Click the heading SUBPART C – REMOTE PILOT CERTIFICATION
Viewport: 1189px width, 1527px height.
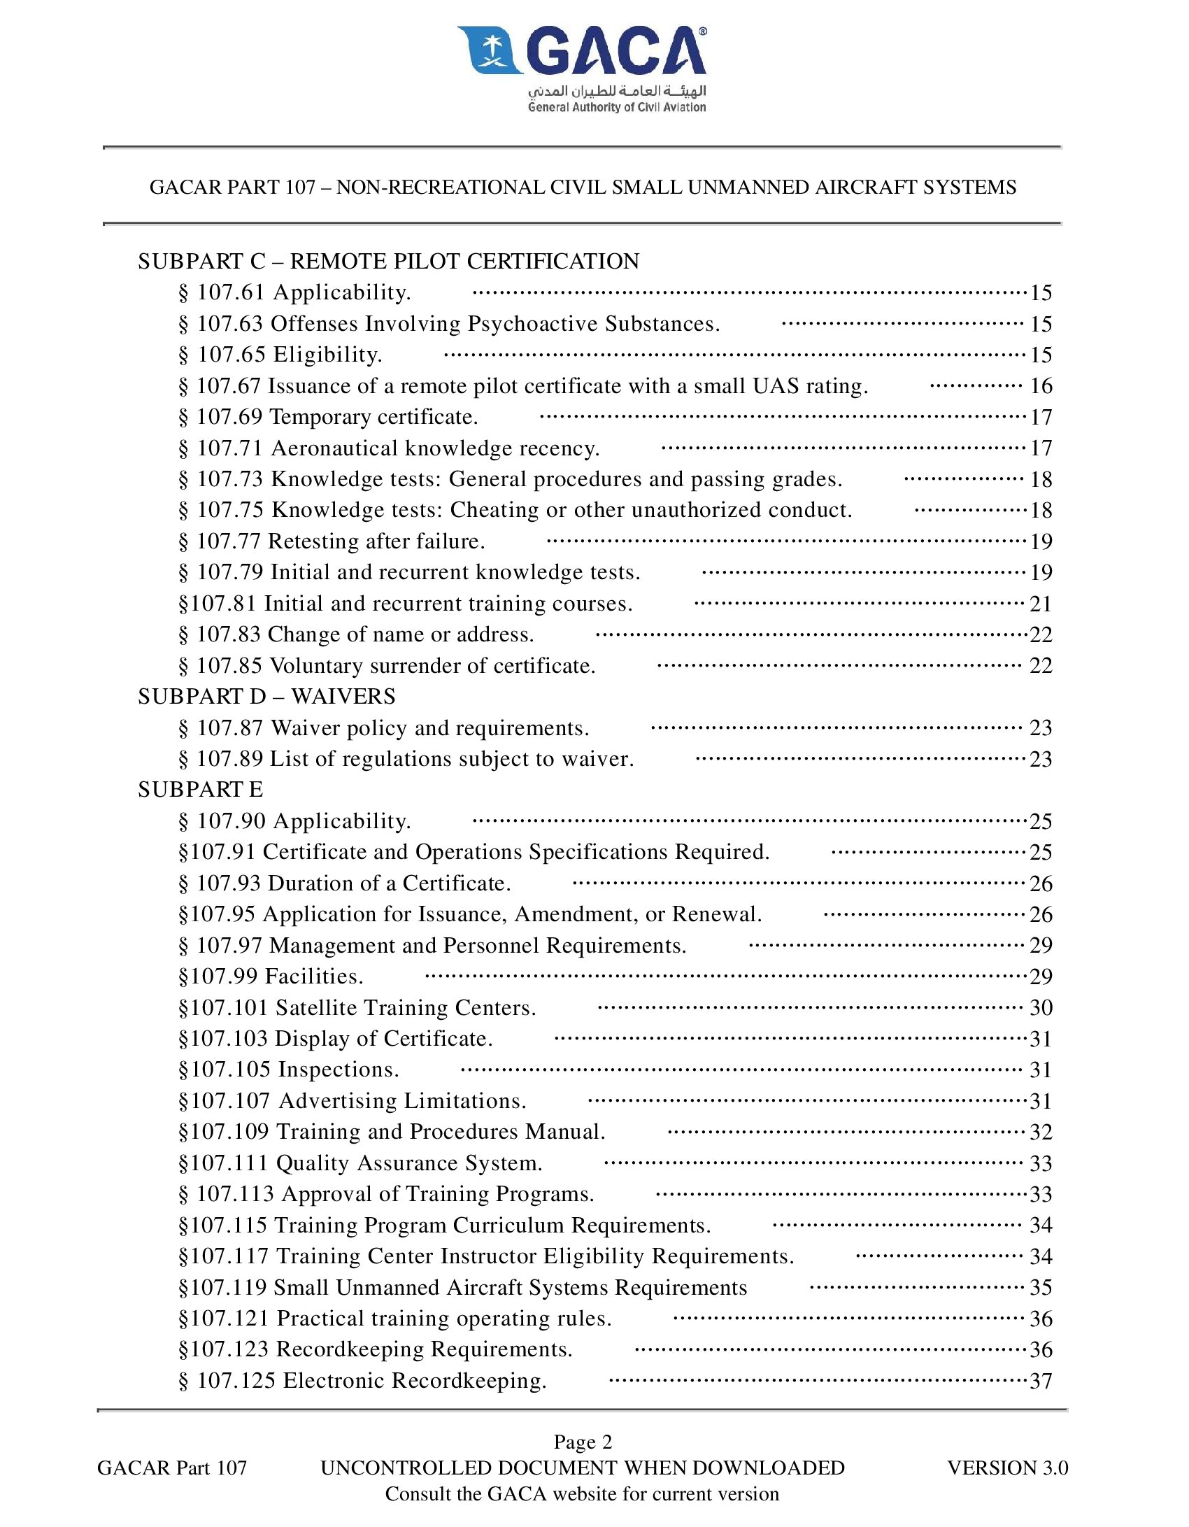click(x=388, y=262)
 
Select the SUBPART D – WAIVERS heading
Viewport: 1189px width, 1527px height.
click(x=266, y=697)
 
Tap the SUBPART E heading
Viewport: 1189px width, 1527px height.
click(x=201, y=790)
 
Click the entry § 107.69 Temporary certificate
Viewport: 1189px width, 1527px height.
click(x=328, y=418)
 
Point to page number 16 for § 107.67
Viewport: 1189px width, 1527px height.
click(x=1041, y=386)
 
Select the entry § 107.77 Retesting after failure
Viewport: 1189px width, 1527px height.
click(x=332, y=541)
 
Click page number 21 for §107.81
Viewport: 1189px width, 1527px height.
click(x=1041, y=604)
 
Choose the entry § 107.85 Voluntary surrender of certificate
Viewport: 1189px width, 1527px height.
click(x=387, y=666)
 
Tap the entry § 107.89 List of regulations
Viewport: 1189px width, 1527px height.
click(x=406, y=759)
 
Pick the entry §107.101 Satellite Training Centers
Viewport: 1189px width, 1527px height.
click(x=357, y=1008)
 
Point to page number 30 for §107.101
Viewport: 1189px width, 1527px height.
click(x=1041, y=1008)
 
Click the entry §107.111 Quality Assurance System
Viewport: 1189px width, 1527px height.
click(x=361, y=1163)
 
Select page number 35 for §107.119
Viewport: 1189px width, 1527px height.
click(x=1041, y=1288)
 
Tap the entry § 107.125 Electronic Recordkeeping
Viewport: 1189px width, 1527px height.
click(x=363, y=1381)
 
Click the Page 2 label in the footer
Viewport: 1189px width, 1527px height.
click(x=583, y=1442)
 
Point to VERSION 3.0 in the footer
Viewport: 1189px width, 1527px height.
click(x=1007, y=1468)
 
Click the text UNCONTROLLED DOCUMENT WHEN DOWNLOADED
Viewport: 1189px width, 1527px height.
click(x=583, y=1468)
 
